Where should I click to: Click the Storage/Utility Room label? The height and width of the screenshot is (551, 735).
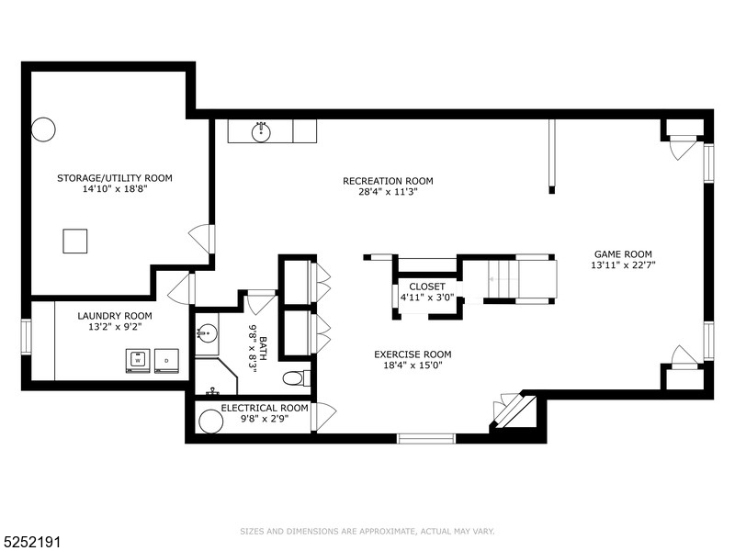pos(115,178)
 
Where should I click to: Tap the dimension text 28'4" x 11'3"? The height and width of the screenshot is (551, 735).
pos(387,193)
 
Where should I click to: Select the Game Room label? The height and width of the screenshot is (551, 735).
pos(623,253)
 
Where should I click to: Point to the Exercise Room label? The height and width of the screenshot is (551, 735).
pos(413,354)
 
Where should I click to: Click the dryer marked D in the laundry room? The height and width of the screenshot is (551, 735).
pos(166,360)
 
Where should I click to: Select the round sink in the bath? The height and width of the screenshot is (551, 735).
pos(207,332)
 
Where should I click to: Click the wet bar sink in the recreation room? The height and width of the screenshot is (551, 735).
pos(262,130)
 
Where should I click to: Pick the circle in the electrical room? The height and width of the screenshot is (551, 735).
pos(211,422)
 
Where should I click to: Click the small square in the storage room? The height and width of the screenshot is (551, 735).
pos(75,241)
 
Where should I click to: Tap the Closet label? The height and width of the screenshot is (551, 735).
pos(427,287)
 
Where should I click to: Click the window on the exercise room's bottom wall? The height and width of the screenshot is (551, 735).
pos(425,438)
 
